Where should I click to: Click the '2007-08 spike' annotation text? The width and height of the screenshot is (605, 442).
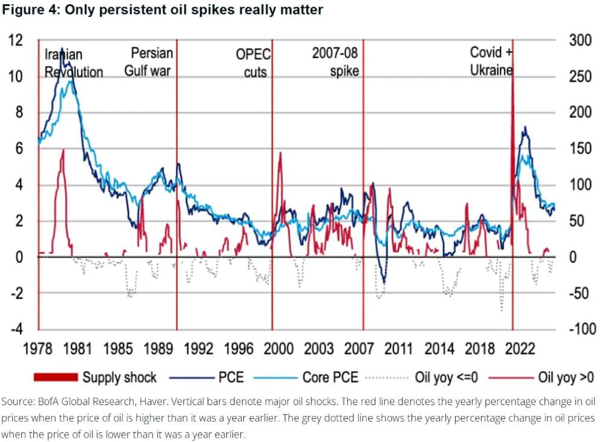click(336, 62)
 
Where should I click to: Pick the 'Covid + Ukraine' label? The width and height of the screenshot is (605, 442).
click(491, 61)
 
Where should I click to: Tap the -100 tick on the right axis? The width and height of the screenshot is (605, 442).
click(582, 330)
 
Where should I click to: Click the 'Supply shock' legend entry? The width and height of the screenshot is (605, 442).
click(119, 378)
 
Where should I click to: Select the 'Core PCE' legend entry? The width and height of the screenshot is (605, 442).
click(330, 378)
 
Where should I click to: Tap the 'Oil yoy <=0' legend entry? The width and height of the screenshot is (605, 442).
click(446, 378)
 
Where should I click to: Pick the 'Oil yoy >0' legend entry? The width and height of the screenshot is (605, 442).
click(566, 378)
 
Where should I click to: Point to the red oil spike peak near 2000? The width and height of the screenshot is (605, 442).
click(280, 153)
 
